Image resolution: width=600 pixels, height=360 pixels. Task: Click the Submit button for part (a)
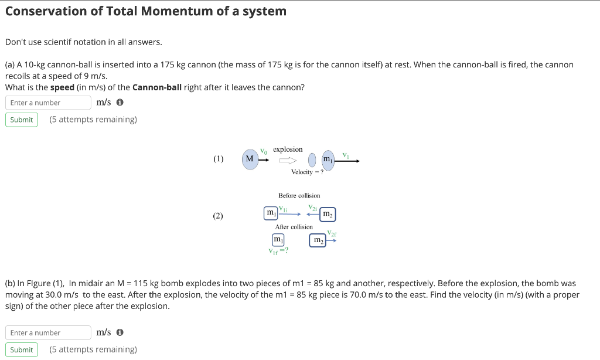coord(22,120)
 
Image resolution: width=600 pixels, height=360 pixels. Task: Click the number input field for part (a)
coord(48,103)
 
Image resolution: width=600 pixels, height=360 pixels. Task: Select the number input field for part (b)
coord(48,332)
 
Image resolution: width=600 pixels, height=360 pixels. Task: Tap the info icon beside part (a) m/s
coord(120,103)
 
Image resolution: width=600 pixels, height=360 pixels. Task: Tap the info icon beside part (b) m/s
coord(120,332)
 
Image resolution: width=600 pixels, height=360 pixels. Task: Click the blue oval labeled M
coord(250,159)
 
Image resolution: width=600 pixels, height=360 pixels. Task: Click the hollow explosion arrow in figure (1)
coord(288,159)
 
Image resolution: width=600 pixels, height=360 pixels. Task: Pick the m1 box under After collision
coord(278,240)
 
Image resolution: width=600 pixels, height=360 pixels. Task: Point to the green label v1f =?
coord(278,251)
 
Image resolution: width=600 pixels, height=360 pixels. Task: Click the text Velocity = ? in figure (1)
coord(307,172)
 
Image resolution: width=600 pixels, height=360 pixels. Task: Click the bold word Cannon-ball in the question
coord(156,87)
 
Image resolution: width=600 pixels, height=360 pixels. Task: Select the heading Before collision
coord(299,195)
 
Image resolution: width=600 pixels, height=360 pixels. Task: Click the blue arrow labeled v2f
coord(332,239)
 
